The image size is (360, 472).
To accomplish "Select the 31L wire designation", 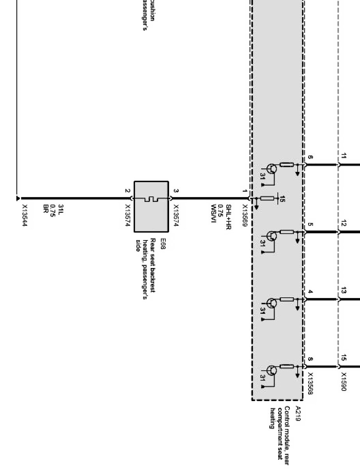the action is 61,209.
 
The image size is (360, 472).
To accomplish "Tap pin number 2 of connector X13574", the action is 127,191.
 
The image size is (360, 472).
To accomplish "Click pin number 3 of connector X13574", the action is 176,191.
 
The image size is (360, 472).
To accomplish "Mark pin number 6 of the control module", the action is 310,157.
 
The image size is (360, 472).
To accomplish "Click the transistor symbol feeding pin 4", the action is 272,303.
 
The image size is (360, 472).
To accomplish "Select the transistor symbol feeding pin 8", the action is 272,370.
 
